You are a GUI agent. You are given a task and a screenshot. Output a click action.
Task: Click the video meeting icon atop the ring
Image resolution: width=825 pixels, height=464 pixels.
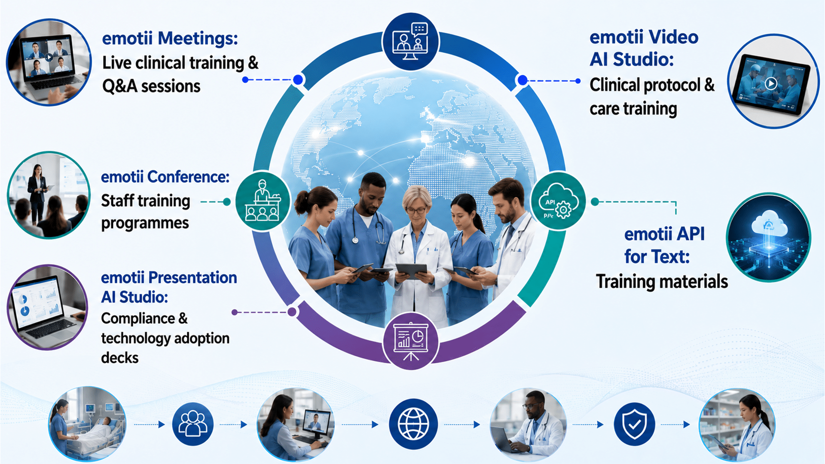(x=410, y=41)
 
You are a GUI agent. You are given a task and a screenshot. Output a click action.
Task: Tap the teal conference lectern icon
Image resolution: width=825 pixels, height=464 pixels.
(x=263, y=201)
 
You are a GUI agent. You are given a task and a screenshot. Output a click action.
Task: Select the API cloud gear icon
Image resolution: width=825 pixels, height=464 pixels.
(x=558, y=201)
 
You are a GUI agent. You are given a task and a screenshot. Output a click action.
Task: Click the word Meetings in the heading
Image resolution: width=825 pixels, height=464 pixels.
(x=198, y=38)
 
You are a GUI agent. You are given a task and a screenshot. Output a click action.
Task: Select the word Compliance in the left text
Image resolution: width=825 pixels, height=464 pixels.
(x=138, y=318)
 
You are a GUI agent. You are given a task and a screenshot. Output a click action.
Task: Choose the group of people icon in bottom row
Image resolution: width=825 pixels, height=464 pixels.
(x=193, y=424)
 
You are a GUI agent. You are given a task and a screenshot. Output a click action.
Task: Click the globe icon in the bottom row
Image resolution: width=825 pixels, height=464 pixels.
(x=413, y=424)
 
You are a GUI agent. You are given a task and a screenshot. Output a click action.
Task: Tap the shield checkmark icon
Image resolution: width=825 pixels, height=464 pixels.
(x=635, y=424)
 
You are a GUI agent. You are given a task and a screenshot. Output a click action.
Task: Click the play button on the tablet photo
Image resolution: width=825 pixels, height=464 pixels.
(x=771, y=83)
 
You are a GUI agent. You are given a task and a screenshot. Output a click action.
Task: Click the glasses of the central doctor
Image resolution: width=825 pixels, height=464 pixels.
(x=416, y=211)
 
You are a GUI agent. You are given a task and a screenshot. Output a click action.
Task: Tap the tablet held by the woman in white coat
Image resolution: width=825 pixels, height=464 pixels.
(x=411, y=270)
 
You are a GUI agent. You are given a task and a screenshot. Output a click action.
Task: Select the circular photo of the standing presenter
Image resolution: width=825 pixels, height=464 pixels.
(x=49, y=195)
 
